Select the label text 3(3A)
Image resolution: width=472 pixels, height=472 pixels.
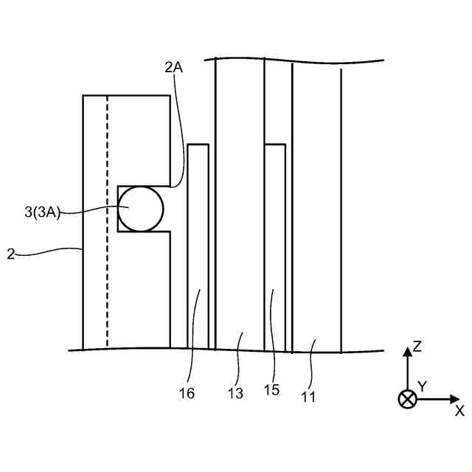tap(42, 212)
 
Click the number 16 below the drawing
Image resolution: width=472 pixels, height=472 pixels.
tap(187, 393)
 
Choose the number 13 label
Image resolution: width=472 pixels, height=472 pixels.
tap(235, 394)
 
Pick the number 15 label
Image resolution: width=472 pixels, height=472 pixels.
tap(271, 390)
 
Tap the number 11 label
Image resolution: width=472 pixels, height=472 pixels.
tap(308, 396)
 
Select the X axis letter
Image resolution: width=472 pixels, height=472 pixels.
tap(459, 410)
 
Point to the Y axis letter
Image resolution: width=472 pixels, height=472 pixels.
tap(423, 386)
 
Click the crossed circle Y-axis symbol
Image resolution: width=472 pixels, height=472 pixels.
tap(406, 399)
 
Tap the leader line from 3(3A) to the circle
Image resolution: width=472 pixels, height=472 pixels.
tap(92, 212)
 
